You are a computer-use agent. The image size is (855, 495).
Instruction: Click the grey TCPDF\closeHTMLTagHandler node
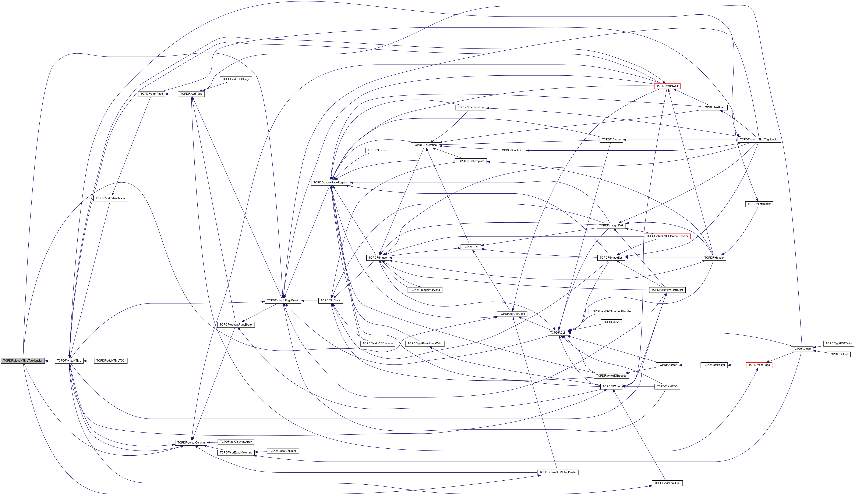pos(23,361)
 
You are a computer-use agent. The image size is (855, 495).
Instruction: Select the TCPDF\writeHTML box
pos(69,361)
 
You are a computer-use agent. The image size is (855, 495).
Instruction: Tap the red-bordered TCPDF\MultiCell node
pos(667,86)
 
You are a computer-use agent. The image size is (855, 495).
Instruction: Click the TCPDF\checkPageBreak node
pos(283,300)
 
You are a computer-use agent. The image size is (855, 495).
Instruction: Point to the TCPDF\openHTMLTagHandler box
pos(759,139)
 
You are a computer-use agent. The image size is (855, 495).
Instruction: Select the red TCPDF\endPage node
pos(759,365)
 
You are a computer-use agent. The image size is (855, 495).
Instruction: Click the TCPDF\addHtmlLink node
pos(667,483)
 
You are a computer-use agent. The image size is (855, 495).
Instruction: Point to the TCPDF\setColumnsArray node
pos(236,442)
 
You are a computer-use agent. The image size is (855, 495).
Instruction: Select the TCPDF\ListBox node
pos(378,150)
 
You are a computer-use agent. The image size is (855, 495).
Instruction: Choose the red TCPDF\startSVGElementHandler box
pos(667,236)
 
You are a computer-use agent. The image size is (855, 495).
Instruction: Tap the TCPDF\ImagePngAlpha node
pos(425,290)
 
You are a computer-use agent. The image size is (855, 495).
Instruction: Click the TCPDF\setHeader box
pos(759,204)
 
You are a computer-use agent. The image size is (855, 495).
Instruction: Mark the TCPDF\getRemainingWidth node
pos(425,343)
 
